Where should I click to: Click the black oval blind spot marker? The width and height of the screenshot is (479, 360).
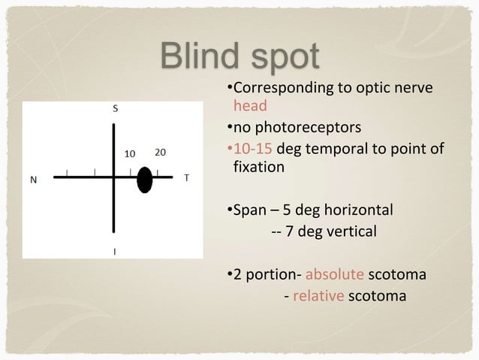coord(145,179)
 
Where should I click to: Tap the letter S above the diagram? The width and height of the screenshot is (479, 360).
coord(115,107)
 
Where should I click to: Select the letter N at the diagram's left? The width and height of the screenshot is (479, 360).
coord(33,180)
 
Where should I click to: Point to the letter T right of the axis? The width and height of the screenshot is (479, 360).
coord(186,179)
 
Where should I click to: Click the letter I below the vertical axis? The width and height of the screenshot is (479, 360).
coord(115,252)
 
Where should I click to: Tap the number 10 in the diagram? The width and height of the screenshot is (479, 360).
coord(129,153)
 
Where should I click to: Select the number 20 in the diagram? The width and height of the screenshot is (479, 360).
coord(160,152)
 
